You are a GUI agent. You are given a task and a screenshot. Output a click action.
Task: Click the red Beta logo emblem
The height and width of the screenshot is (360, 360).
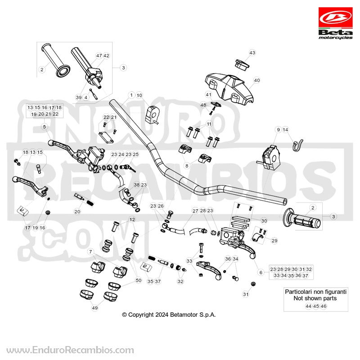coord(335,18)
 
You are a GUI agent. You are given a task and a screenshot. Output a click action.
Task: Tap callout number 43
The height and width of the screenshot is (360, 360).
coord(252,53)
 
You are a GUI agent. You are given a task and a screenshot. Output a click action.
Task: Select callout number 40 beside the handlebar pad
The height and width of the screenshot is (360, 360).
coord(256,81)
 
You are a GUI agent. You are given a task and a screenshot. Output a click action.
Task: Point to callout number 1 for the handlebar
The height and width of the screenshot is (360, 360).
coord(131,95)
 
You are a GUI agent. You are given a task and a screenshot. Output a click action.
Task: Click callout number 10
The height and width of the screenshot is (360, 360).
coord(139,95)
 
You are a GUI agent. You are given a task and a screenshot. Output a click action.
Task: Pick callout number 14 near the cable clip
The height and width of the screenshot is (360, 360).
coord(285,130)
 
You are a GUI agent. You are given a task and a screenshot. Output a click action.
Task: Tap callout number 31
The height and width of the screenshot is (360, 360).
coord(246,294)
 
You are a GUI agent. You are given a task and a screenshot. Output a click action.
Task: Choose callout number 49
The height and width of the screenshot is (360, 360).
coord(95,308)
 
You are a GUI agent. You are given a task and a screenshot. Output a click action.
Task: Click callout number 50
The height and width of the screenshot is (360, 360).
coord(139,280)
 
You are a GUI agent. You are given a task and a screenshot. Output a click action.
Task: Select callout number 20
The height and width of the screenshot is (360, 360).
coord(77,211)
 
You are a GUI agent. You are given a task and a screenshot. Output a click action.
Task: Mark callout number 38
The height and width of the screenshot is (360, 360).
coord(137,185)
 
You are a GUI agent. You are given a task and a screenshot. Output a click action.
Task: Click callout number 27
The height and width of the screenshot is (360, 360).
coord(195,211)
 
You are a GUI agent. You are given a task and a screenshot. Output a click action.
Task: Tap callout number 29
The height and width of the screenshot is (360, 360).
coord(274,241)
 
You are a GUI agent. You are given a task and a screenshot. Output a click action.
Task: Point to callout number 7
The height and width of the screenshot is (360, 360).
coord(90,252)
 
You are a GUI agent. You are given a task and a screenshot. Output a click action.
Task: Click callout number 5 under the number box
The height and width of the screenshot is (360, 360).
coord(44,127)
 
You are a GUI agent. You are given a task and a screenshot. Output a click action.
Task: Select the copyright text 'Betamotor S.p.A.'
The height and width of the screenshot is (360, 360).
coord(193,315)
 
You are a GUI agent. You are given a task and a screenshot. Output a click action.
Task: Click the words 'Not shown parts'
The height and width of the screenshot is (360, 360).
coord(315,298)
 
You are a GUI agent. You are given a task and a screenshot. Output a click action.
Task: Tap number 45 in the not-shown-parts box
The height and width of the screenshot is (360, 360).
coord(316,306)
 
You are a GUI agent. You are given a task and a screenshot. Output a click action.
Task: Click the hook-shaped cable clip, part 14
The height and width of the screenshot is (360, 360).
coord(297,145)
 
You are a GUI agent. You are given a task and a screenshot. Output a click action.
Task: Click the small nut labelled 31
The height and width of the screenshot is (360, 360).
coord(253,284)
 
